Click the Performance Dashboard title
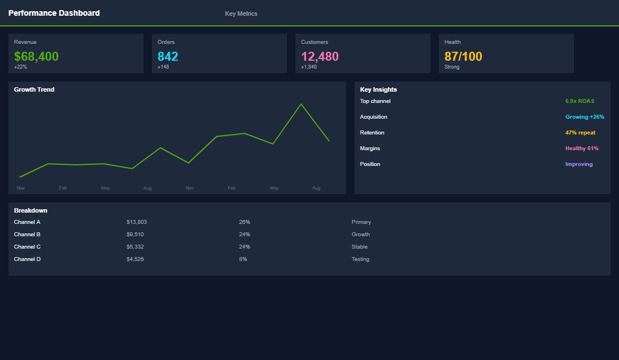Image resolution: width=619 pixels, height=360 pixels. (54, 13)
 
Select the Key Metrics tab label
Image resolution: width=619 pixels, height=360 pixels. (241, 13)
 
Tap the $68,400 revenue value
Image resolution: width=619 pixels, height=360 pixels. (36, 56)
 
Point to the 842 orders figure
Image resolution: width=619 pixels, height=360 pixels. (168, 56)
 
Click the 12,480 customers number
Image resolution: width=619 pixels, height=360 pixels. (320, 56)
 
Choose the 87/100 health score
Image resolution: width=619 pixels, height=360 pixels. (463, 56)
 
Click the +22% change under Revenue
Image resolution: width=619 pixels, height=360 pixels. (20, 67)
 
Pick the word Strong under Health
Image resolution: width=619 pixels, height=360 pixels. (452, 67)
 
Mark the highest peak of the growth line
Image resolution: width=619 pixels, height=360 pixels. (301, 104)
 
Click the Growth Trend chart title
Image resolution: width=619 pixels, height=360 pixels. (34, 89)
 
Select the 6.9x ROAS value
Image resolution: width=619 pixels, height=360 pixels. (580, 101)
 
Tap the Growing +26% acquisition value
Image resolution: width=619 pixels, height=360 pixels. (585, 117)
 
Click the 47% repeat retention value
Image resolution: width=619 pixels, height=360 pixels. (580, 133)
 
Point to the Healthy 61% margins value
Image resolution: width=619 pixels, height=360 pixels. (582, 148)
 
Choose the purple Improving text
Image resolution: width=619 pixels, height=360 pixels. (579, 164)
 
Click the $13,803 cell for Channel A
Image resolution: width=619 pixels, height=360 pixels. (137, 222)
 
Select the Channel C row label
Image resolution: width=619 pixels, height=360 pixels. (27, 247)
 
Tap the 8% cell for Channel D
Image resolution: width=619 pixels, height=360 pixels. (243, 259)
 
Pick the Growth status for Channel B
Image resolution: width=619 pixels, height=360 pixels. (361, 235)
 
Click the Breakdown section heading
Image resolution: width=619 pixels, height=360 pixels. (30, 210)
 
